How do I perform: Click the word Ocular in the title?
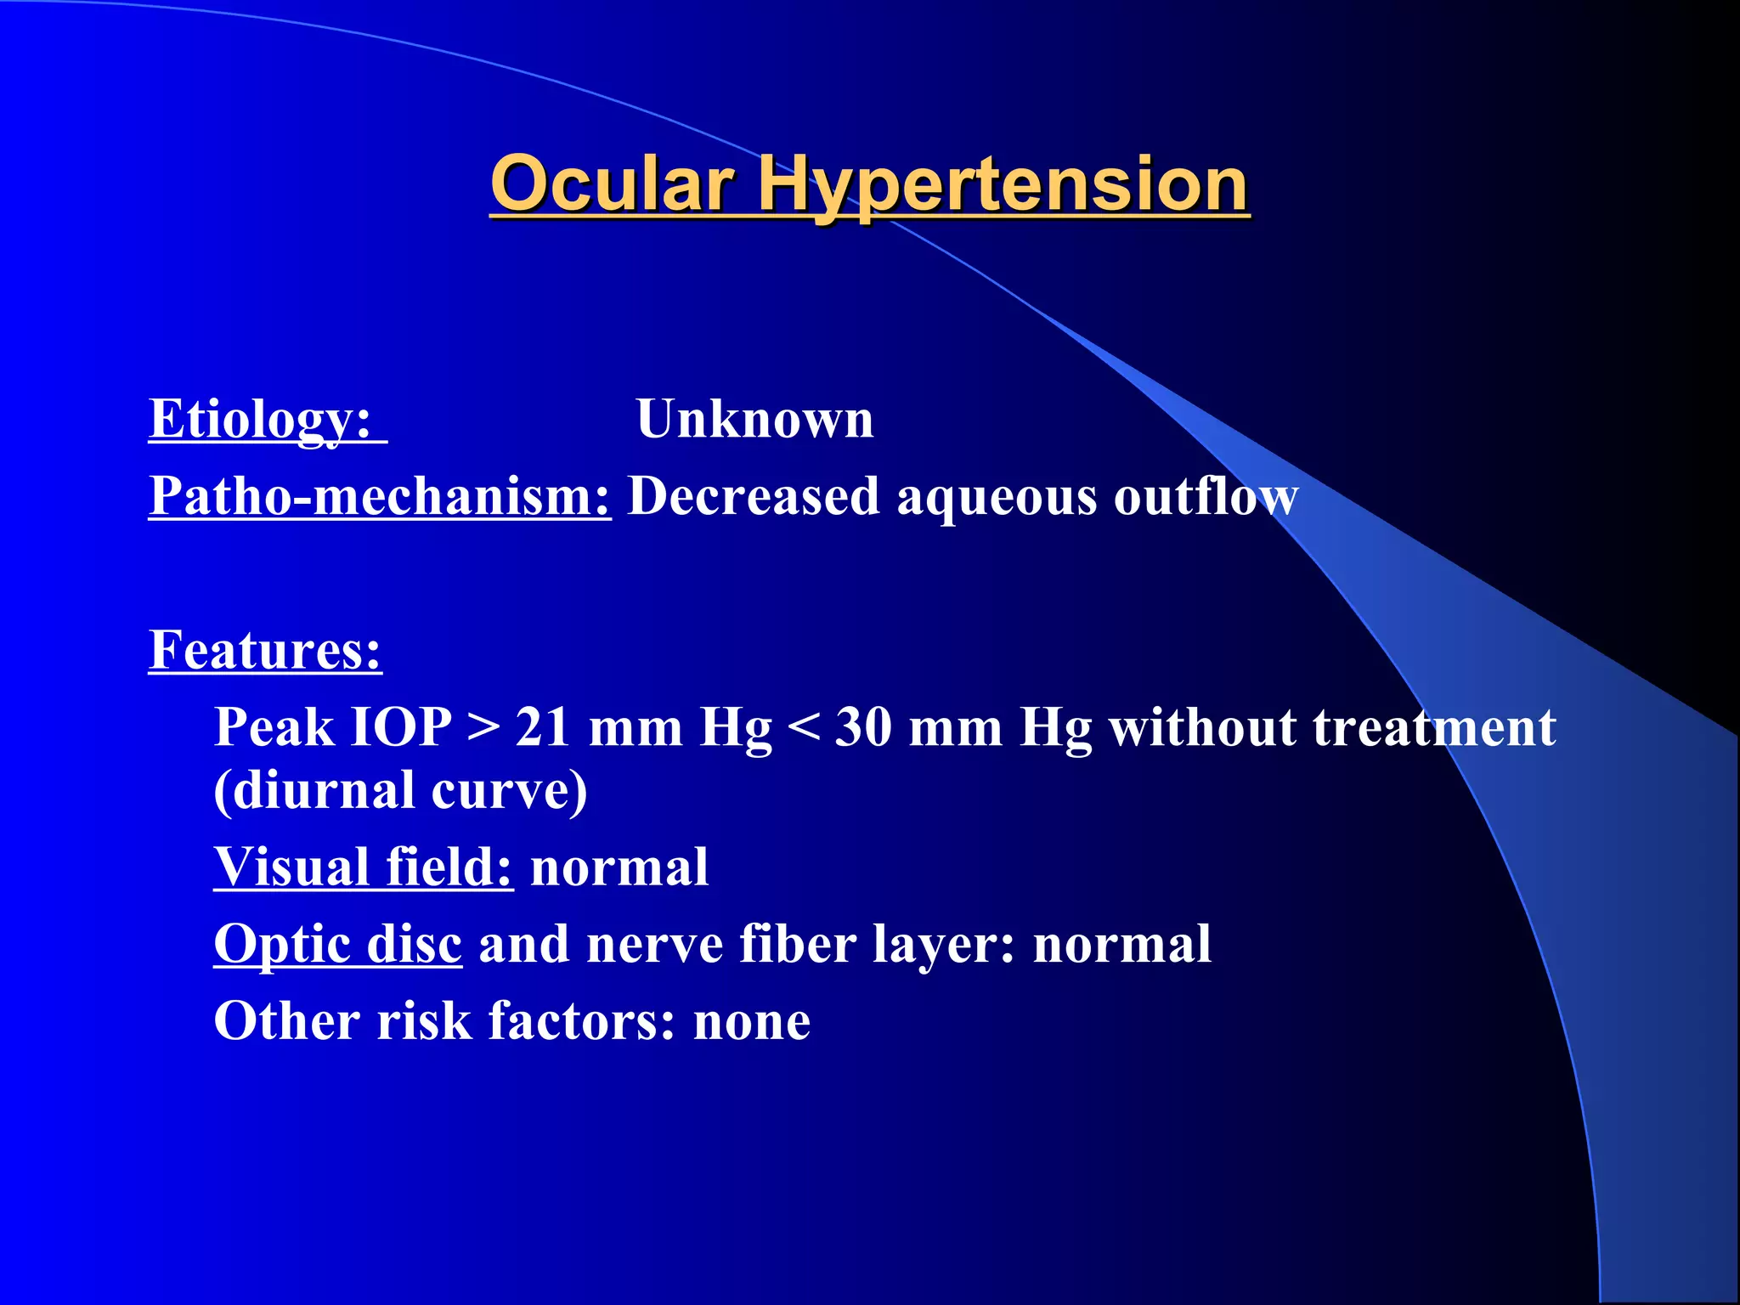coord(612,184)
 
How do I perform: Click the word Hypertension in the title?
coord(1003,184)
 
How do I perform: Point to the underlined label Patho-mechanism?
coord(379,496)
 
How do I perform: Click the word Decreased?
coord(753,496)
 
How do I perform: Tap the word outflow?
coord(1206,496)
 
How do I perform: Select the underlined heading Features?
coord(265,651)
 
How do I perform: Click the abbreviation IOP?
coord(401,728)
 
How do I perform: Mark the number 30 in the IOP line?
coord(863,728)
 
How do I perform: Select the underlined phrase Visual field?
coord(363,867)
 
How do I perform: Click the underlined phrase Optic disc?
coord(337,945)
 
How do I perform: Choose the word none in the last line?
coord(751,1022)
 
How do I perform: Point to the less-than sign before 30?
coord(803,728)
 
